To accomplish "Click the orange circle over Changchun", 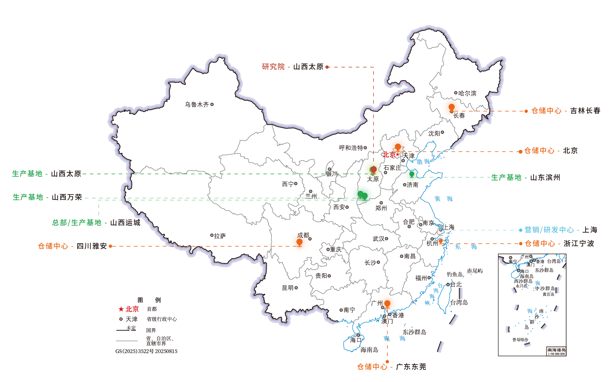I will [x=451, y=107].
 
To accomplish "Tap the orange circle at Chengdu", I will [x=299, y=242].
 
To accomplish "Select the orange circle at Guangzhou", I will [x=387, y=303].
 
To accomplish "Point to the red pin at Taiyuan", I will [x=374, y=169].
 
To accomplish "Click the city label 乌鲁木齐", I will [x=197, y=104].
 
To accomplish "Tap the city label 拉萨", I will [x=220, y=236].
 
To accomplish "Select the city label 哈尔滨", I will [x=467, y=93].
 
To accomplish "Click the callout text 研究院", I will [x=273, y=67].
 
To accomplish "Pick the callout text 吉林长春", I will [x=585, y=111].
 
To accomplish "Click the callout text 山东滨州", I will [x=545, y=177].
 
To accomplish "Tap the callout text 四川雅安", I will [x=92, y=246].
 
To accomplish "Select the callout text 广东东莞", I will [x=411, y=367].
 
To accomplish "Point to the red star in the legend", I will [x=121, y=309].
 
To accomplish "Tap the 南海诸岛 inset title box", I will [x=556, y=351].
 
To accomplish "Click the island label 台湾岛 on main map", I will [x=459, y=302].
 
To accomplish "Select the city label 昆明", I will [x=288, y=288].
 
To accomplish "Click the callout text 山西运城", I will [x=125, y=223].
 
